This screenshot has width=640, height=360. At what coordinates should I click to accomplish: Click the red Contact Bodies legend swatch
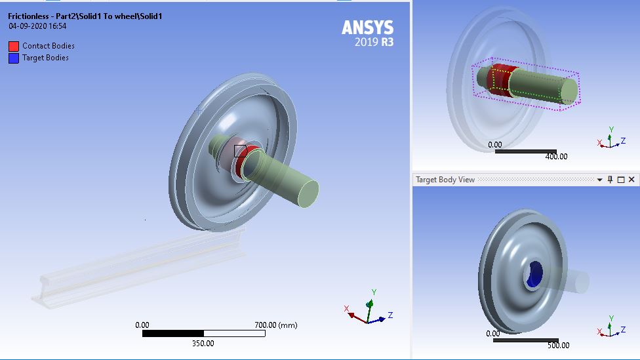point(14,46)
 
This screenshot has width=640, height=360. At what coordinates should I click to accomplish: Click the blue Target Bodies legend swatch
point(14,58)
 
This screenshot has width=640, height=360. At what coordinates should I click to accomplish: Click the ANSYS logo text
point(367,28)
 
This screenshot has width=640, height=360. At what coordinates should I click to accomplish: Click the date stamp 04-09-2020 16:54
point(37,27)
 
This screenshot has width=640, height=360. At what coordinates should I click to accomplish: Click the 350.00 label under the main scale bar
point(202,343)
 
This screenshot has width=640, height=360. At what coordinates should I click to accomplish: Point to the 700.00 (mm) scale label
point(275,325)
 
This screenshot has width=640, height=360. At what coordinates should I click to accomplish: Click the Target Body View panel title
point(445,180)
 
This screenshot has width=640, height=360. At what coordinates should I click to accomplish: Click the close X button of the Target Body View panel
point(631,180)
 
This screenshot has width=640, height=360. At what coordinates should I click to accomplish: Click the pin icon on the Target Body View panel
point(610,180)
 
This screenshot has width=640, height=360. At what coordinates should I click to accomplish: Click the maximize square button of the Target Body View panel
point(621,180)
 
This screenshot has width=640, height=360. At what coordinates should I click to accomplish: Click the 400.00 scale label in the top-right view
point(556,157)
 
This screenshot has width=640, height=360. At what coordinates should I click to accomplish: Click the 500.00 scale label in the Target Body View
point(558,346)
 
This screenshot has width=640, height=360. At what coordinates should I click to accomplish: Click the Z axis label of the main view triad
point(390,315)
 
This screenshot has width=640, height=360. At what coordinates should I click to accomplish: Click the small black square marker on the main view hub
point(240,151)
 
